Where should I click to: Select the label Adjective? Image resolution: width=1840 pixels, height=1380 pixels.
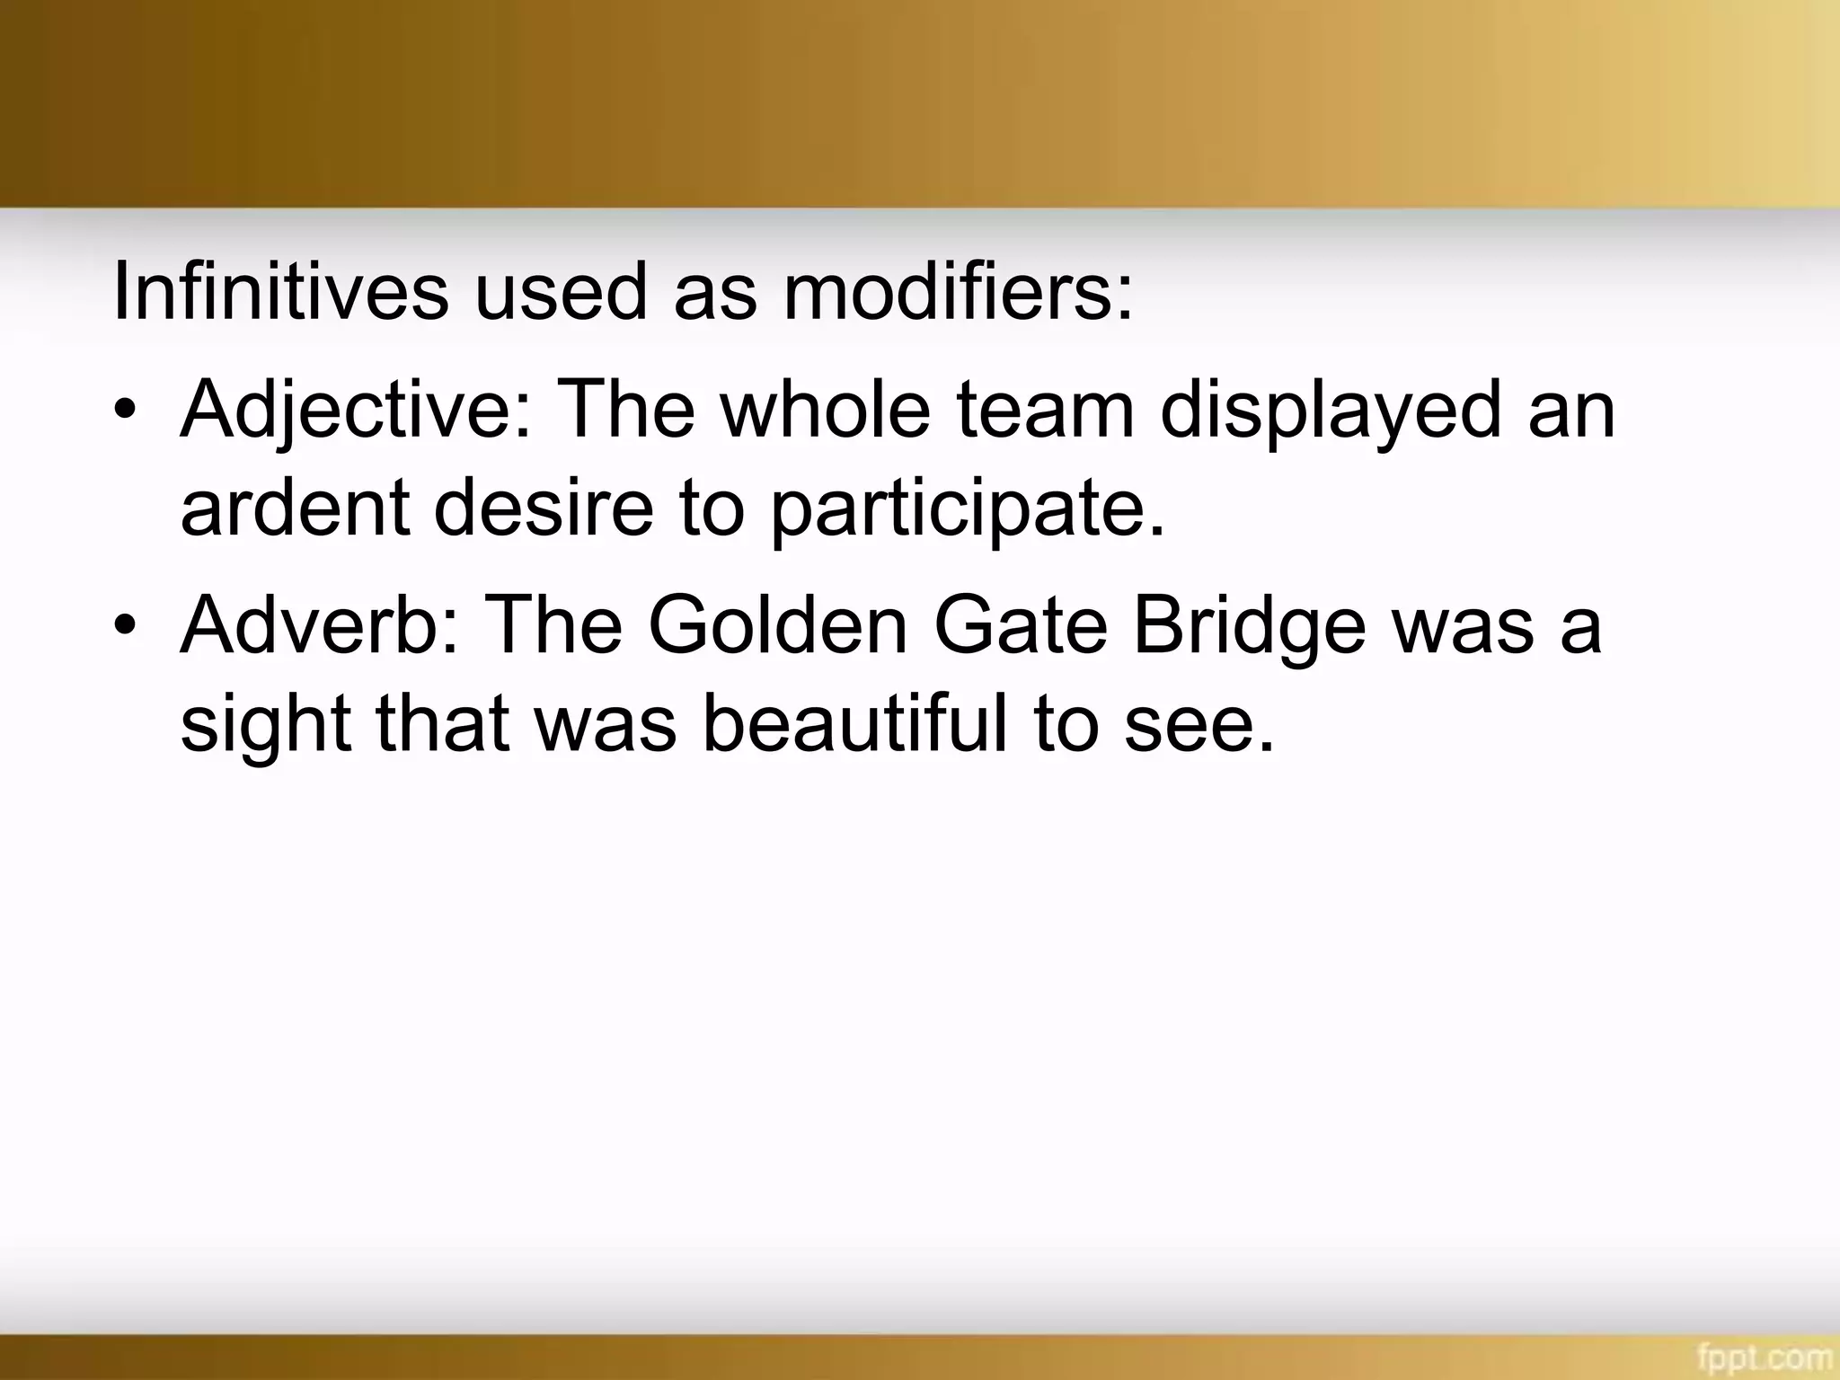356,411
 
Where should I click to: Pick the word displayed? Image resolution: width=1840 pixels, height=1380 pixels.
1331,411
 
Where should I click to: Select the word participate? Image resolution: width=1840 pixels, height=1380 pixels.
967,510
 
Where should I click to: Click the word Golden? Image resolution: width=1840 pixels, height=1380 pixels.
778,625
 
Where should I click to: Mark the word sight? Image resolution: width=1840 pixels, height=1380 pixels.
265,726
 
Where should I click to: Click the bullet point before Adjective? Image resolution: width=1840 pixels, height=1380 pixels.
127,412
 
